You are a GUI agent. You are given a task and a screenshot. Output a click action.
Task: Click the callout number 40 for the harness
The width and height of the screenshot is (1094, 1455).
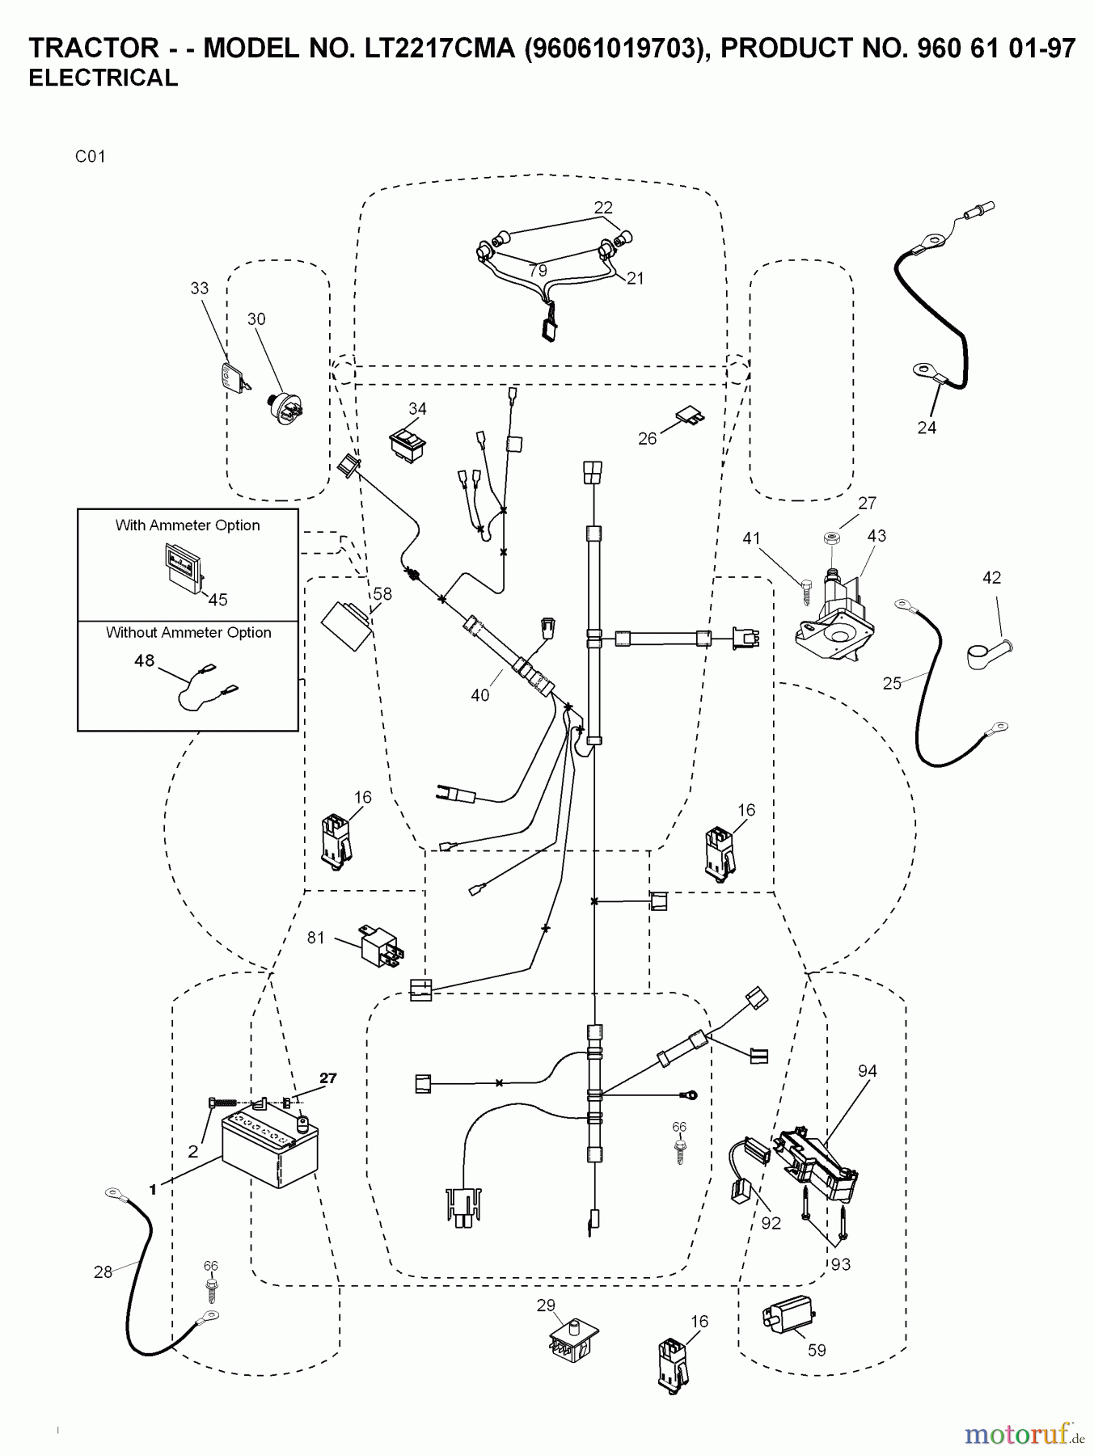click(480, 695)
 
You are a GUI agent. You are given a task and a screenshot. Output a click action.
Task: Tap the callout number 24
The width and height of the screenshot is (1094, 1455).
click(927, 428)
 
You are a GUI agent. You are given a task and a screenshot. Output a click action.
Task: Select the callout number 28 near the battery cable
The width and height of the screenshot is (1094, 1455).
click(103, 1272)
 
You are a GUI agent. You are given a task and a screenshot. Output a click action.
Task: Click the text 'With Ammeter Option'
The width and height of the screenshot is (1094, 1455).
click(188, 525)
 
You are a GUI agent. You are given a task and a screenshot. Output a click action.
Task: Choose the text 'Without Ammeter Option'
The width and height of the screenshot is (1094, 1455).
click(188, 633)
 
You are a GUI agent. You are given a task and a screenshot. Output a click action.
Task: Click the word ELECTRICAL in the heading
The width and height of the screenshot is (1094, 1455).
click(103, 78)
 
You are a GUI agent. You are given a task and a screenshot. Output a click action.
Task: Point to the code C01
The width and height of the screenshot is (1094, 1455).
click(91, 157)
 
